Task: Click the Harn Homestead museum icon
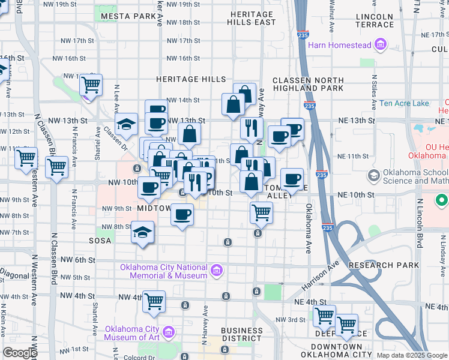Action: (x=380, y=45)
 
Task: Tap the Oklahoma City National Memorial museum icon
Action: (x=217, y=272)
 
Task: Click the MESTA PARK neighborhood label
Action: (x=128, y=16)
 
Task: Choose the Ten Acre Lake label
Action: (x=404, y=103)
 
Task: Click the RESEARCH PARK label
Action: (x=391, y=265)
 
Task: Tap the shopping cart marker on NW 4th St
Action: (x=154, y=300)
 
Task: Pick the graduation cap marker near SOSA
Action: (x=142, y=231)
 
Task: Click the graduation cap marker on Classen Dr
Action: (x=127, y=124)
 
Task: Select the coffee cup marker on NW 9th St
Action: (x=182, y=214)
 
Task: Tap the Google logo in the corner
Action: (x=20, y=353)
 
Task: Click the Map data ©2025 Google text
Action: (x=412, y=355)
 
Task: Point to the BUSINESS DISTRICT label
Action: (x=241, y=334)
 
